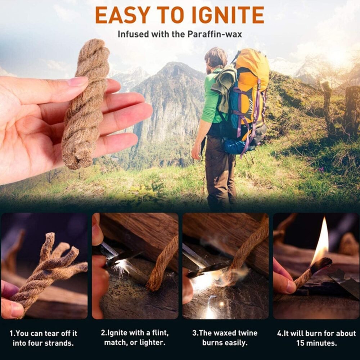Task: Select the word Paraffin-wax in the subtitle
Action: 215,34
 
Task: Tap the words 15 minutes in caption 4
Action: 316,343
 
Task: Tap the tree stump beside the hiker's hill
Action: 351,110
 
